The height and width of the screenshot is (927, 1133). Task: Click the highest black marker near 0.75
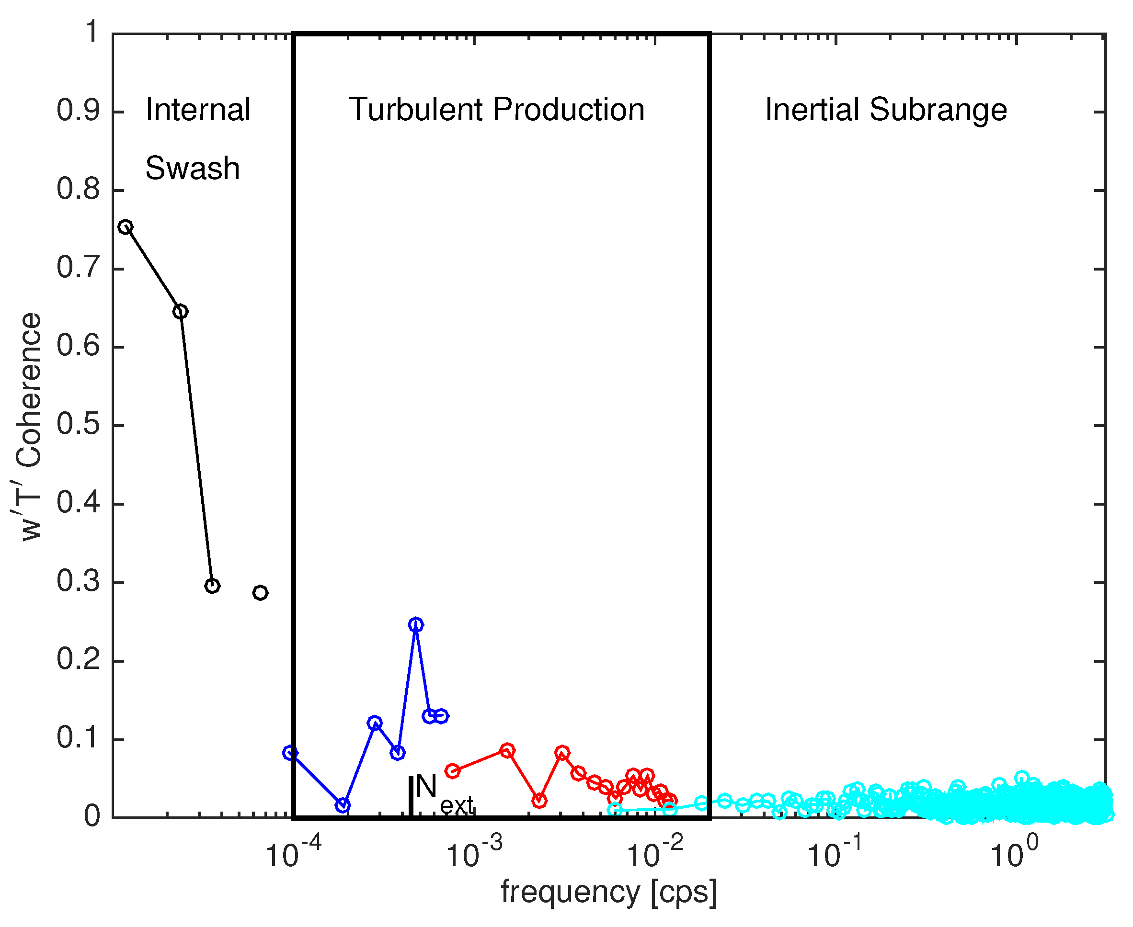(x=125, y=227)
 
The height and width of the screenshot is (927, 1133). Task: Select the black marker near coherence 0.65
(x=181, y=311)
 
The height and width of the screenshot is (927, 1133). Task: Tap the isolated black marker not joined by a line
(x=260, y=593)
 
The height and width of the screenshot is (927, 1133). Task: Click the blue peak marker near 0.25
(x=416, y=625)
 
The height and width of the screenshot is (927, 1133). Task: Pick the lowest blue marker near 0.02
(x=343, y=805)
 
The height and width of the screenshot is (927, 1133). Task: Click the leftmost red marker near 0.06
(x=452, y=770)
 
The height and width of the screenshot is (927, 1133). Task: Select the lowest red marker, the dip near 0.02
(x=539, y=801)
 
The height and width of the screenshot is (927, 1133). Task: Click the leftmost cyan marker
(x=615, y=810)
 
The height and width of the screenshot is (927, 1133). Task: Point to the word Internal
(x=198, y=110)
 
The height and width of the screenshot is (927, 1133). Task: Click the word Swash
(x=192, y=169)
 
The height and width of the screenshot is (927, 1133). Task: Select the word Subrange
(x=938, y=110)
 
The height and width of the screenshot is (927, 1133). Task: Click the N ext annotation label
(x=443, y=794)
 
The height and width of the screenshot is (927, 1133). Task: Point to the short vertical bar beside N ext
(x=410, y=796)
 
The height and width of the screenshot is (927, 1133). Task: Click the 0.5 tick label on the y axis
(x=78, y=425)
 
